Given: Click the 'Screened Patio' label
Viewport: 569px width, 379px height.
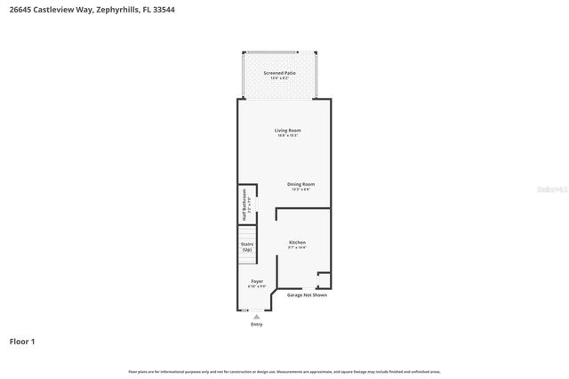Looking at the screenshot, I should (279, 73).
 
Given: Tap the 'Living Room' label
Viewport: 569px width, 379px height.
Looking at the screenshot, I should (287, 131).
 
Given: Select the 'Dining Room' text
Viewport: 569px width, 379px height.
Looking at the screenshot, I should (301, 184).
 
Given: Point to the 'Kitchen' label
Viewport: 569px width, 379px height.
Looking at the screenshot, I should (297, 242).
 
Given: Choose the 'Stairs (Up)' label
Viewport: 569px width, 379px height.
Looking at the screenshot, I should (246, 246).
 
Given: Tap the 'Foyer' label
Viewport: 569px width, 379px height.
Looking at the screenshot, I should (256, 281).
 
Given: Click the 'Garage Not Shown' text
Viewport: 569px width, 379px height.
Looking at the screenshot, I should (307, 295).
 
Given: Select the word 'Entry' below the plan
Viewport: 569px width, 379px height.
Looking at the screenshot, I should (257, 325).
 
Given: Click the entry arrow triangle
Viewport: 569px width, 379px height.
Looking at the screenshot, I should (257, 316).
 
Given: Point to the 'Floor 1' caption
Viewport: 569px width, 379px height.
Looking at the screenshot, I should (22, 341).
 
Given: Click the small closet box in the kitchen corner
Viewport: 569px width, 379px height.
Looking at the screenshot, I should (325, 280).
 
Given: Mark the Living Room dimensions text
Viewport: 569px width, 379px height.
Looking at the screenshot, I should (287, 136).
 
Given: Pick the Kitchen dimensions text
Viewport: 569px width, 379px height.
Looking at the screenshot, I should (297, 247).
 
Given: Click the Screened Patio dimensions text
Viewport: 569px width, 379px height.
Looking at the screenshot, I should (279, 78).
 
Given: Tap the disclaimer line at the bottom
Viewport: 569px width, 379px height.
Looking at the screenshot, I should (284, 371).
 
